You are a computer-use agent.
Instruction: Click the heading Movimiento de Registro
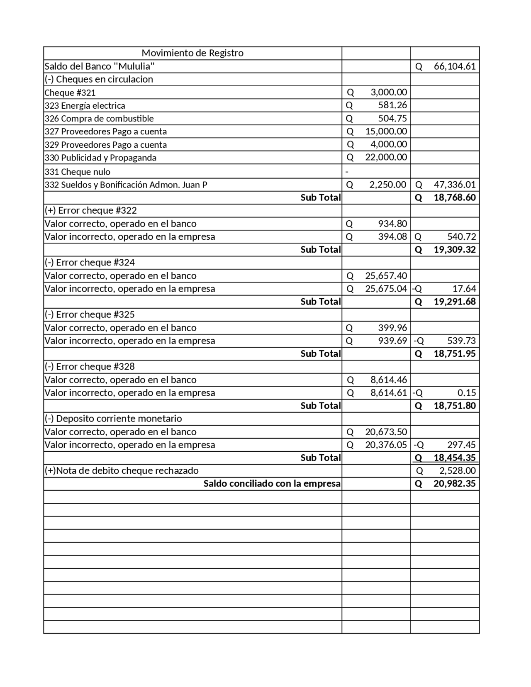[x=192, y=53]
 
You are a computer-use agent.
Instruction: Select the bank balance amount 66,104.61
[x=454, y=66]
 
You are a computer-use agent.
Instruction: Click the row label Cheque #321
[x=70, y=93]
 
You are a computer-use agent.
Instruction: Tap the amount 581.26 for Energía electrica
[x=392, y=105]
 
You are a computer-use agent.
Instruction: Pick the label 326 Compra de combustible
[x=99, y=119]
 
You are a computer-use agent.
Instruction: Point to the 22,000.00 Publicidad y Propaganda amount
[x=386, y=157]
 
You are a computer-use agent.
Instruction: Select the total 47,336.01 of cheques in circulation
[x=454, y=185]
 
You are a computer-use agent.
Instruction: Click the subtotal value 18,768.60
[x=454, y=197]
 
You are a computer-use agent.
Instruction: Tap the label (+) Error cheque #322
[x=91, y=210]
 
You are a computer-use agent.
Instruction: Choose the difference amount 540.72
[x=461, y=237]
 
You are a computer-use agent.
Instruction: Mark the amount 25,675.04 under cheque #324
[x=386, y=289]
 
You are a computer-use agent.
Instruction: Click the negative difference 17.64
[x=464, y=289]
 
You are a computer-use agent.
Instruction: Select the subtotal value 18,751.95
[x=454, y=354]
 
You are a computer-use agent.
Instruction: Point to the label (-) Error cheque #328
[x=90, y=367]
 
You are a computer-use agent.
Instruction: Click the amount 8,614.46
[x=388, y=380]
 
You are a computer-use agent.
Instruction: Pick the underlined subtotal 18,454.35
[x=454, y=458]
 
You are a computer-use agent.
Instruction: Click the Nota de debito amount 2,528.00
[x=457, y=471]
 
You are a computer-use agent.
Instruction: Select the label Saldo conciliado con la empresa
[x=272, y=484]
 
